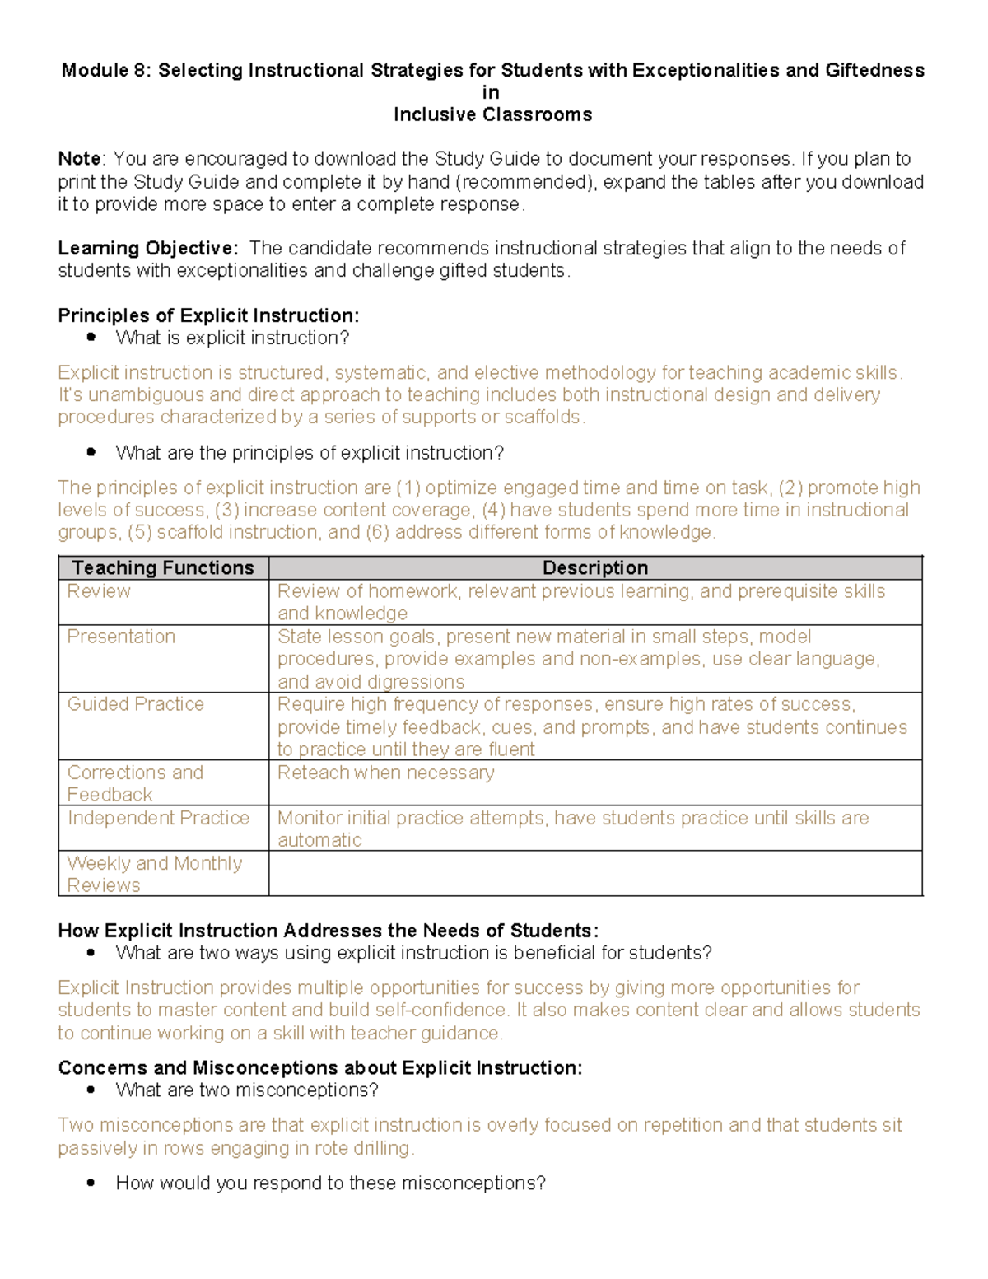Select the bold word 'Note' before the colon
(79, 159)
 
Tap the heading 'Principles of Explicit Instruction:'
(208, 316)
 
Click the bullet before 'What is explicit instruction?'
(91, 338)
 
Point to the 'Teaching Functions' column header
(163, 568)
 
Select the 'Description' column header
(594, 568)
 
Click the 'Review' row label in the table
(99, 591)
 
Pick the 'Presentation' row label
(121, 637)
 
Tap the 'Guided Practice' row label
(136, 704)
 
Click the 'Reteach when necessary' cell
(385, 773)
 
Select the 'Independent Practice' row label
(158, 818)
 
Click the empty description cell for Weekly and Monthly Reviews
(594, 873)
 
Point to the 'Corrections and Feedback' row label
(134, 783)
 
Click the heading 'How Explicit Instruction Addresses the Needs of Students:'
(328, 931)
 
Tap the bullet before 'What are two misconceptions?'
(91, 1090)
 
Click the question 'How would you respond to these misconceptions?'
(330, 1183)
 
